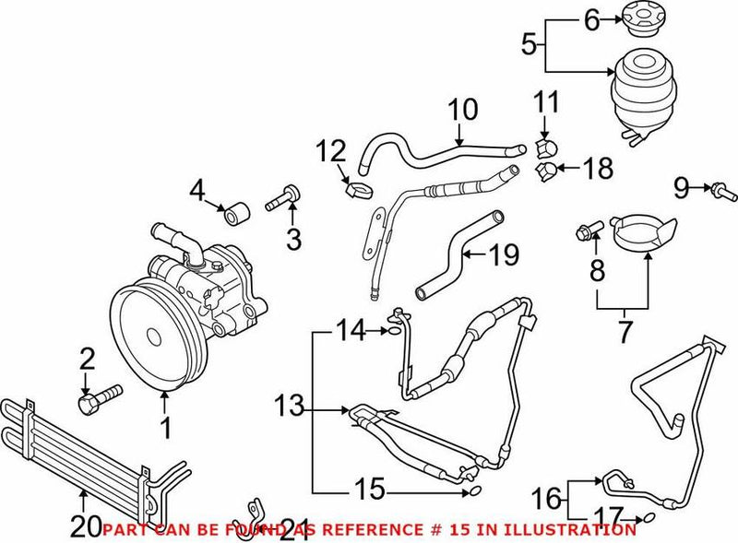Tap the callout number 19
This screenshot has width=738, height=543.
tap(505, 254)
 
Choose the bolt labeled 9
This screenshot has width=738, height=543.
tap(721, 192)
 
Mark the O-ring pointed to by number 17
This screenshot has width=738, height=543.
tap(647, 517)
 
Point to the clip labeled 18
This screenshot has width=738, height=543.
tap(547, 169)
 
